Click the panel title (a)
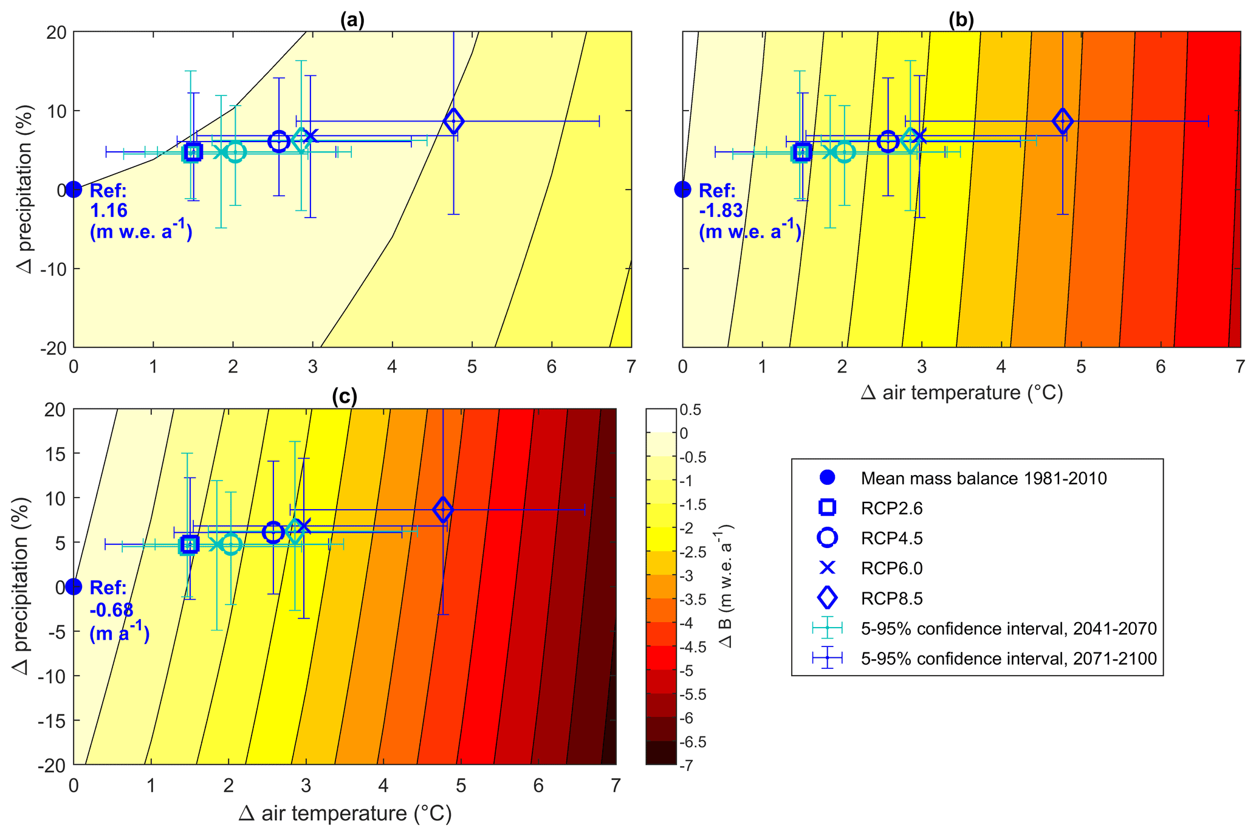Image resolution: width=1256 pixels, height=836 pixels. pos(352,21)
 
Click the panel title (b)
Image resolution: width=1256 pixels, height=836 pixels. pos(961,21)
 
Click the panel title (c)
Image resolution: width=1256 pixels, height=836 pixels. pos(345,397)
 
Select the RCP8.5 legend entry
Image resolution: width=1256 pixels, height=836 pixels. pos(891,598)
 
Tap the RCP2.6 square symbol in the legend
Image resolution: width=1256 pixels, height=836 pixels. pos(828,507)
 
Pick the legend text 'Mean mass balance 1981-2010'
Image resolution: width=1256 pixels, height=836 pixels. pos(984,478)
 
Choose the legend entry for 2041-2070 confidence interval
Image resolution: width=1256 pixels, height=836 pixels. pos(1008,629)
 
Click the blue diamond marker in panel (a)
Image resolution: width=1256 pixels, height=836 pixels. pos(453,121)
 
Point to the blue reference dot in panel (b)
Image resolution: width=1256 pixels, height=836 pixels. pos(683,190)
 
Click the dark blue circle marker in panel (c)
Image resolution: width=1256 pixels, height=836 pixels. pos(273,532)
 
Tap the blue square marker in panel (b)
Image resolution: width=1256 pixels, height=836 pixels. pos(803,152)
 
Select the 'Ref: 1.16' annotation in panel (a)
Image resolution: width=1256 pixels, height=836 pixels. pos(109,200)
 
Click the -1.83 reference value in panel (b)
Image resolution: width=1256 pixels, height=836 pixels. pos(721,210)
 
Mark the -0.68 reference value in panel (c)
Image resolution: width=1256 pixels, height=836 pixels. pos(111,609)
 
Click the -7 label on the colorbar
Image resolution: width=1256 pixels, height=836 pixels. pos(687,766)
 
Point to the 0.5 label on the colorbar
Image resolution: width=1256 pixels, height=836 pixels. pos(691,410)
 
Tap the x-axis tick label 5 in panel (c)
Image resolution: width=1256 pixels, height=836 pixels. pos(461,786)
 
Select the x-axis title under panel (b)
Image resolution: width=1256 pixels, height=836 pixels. pos(961,393)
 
